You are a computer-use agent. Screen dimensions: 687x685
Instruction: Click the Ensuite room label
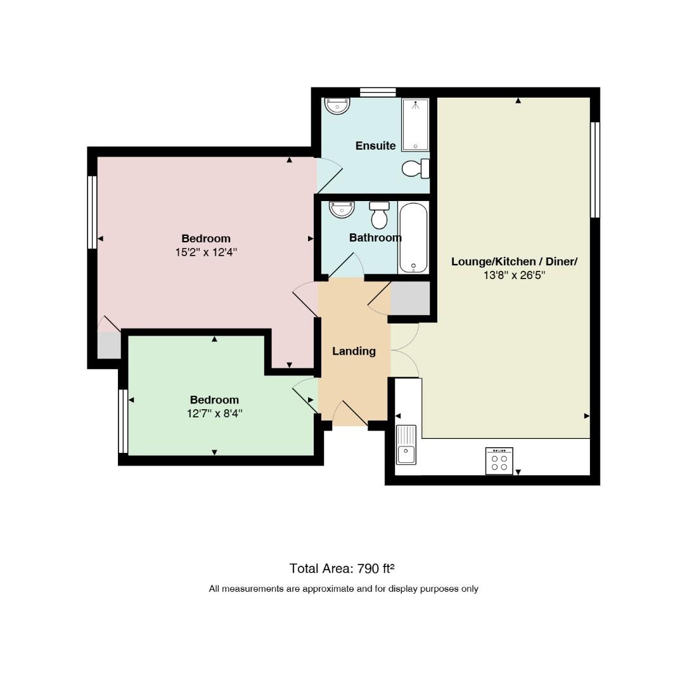tap(375, 146)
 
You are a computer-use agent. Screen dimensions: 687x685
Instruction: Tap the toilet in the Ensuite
tap(415, 169)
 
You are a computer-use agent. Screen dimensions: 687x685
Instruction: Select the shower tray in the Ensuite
tap(415, 124)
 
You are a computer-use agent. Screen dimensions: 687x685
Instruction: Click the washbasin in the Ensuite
tap(337, 106)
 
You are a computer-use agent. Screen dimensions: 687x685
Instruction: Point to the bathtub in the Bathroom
tap(413, 238)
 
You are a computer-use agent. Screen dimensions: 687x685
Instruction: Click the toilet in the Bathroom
tap(380, 215)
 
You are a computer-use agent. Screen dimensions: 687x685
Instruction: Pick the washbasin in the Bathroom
tap(342, 209)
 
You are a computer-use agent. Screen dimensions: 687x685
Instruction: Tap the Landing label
tap(354, 351)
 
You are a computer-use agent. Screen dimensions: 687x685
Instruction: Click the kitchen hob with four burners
tap(499, 461)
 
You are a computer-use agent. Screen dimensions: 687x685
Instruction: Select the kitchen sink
tap(406, 445)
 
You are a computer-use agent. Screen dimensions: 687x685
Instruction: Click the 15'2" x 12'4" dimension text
tap(206, 252)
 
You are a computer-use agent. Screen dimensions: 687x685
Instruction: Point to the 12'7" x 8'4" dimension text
tap(215, 414)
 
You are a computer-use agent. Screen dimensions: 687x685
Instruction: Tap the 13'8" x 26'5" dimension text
tap(515, 275)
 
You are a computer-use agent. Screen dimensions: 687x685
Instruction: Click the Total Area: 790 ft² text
tap(342, 568)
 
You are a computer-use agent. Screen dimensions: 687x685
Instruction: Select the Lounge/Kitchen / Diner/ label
tap(515, 262)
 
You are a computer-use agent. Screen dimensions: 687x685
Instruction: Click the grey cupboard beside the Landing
tap(410, 298)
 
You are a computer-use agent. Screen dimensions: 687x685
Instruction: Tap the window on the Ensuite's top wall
tap(378, 92)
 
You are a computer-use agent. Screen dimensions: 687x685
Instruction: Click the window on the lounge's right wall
tap(595, 170)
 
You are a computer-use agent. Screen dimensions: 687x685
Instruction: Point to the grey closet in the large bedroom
tap(108, 346)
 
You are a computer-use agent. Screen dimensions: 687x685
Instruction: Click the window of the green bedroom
tap(123, 421)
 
